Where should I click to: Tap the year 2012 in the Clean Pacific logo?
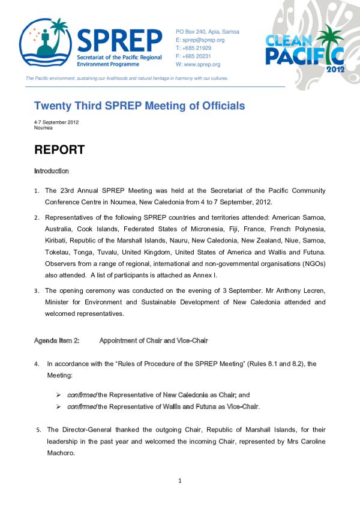coord(335,69)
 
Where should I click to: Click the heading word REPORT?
coord(59,149)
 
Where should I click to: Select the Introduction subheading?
coord(52,171)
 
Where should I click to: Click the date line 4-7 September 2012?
coord(56,122)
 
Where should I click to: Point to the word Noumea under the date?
coord(44,128)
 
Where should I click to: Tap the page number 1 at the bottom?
coord(179,480)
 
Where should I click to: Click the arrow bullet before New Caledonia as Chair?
coord(59,396)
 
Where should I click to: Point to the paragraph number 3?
coord(37,291)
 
